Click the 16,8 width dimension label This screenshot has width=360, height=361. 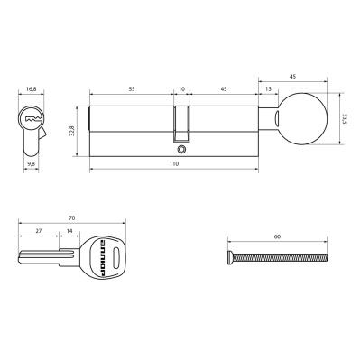point(31,90)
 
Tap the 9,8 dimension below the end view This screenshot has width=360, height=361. point(31,165)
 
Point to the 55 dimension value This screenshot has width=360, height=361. point(131,90)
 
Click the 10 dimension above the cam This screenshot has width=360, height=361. point(181,90)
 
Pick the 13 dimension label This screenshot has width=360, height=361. point(269,90)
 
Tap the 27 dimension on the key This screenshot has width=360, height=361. point(37,232)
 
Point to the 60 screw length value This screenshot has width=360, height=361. point(277,236)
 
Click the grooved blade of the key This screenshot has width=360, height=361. point(41,255)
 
